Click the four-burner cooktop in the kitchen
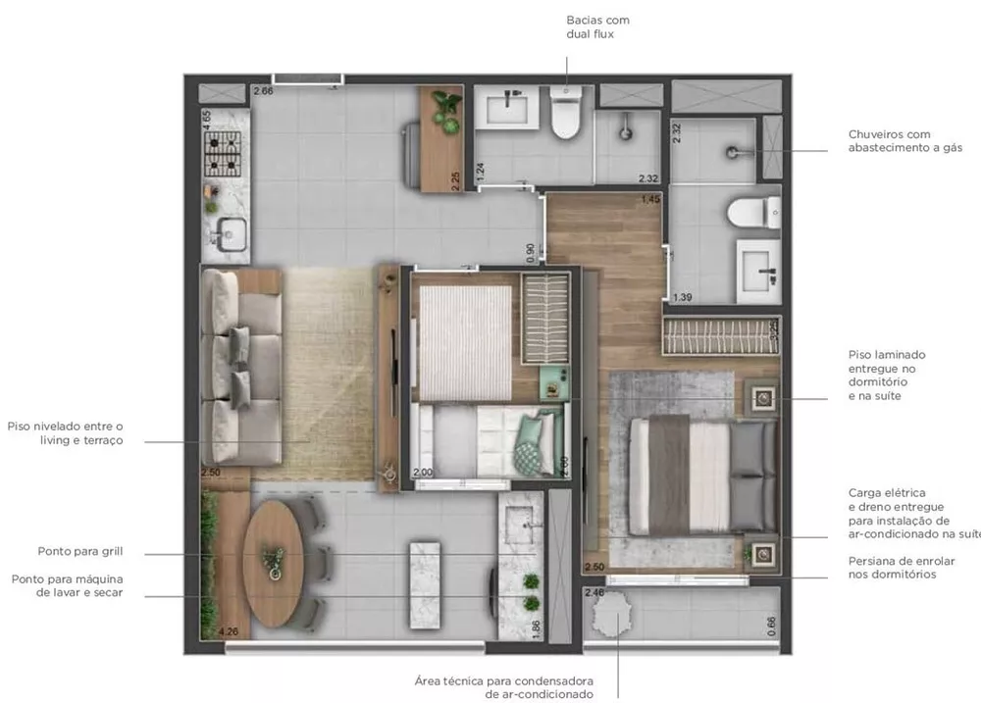point(223,151)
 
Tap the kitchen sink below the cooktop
point(227,234)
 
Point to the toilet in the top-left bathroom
point(565,116)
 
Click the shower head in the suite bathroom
point(733,152)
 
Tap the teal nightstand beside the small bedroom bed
point(553,381)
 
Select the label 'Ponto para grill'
point(80,552)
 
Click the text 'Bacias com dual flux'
point(597,27)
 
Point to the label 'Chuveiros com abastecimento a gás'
point(904,141)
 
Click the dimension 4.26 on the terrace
point(231,632)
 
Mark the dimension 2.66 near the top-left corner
point(263,91)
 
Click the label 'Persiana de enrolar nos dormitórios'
point(892,568)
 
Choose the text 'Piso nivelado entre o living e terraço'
point(66,433)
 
